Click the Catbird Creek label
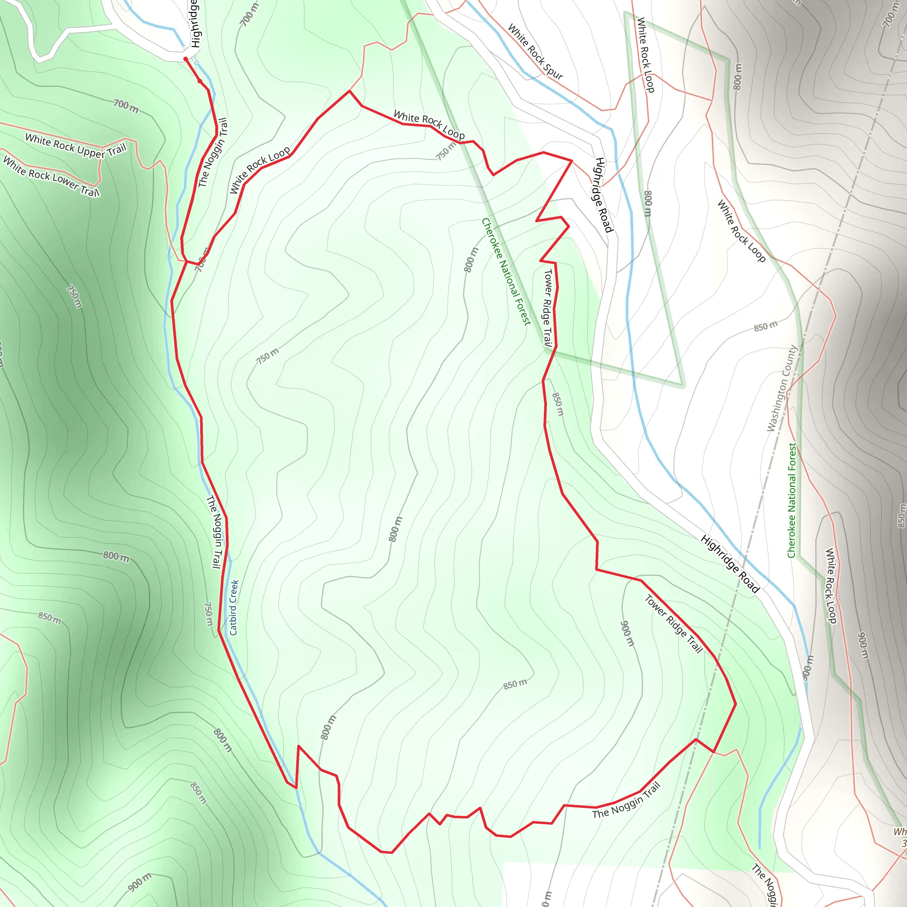pos(234,608)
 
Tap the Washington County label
pos(782,388)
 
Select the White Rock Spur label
pos(535,52)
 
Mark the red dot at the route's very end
pos(186,59)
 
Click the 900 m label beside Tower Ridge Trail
pos(627,633)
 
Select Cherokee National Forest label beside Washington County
pos(792,500)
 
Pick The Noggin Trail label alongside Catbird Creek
pos(214,531)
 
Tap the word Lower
pos(65,182)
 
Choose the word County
pos(790,361)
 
